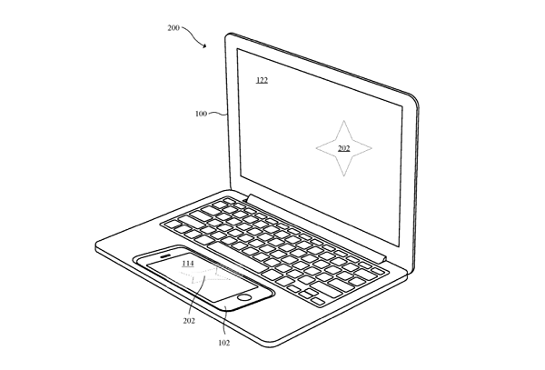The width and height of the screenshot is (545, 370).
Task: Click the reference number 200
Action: (x=173, y=28)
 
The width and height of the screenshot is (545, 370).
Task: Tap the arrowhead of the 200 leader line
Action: (x=205, y=45)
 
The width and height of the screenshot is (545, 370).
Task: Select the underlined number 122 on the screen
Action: (x=263, y=80)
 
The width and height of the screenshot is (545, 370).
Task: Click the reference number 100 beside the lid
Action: (x=201, y=114)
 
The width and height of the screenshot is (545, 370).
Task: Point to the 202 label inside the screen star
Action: (x=343, y=148)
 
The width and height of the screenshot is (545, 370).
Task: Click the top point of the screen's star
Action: (x=343, y=121)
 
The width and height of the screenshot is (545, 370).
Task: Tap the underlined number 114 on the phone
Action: (x=188, y=264)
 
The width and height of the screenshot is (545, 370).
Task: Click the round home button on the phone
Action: (x=244, y=297)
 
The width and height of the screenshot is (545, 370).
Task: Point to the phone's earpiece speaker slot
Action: (x=165, y=256)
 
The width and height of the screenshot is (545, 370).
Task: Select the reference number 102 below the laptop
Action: (x=223, y=343)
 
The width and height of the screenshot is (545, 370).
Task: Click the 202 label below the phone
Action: (x=189, y=321)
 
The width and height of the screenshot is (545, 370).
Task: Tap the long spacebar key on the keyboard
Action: (x=237, y=256)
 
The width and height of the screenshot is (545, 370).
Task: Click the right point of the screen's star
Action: (x=372, y=148)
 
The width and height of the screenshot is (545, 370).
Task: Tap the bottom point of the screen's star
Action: (x=344, y=176)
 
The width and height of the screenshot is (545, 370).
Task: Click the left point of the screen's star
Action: (x=316, y=148)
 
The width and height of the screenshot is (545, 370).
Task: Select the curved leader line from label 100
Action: (x=218, y=113)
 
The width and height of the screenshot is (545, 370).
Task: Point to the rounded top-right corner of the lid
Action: (x=415, y=99)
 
